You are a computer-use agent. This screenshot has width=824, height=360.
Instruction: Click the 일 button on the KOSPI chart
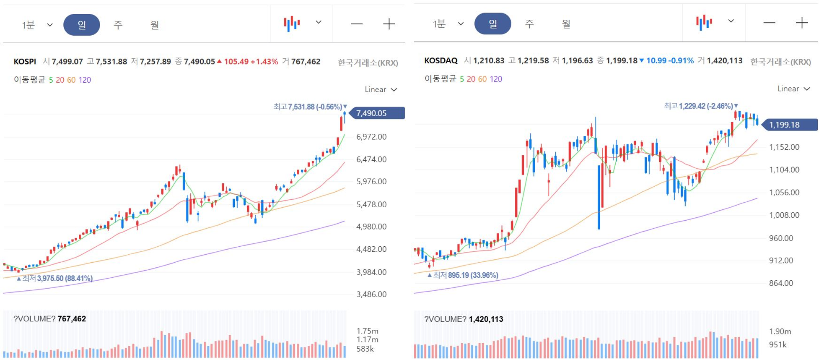pyautogui.click(x=82, y=25)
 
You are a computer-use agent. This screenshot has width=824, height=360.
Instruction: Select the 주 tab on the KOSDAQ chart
pyautogui.click(x=529, y=23)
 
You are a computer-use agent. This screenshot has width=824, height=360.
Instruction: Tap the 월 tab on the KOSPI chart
pyautogui.click(x=155, y=25)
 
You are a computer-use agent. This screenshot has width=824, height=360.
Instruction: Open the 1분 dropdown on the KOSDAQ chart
pyautogui.click(x=448, y=23)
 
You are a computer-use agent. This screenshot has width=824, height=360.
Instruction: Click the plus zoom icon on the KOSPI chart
pyautogui.click(x=389, y=24)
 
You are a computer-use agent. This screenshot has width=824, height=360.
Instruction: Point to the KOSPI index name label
pyautogui.click(x=25, y=62)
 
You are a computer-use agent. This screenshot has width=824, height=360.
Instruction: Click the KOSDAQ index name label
pyautogui.click(x=441, y=60)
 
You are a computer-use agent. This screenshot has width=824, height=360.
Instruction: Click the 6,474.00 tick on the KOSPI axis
pyautogui.click(x=371, y=159)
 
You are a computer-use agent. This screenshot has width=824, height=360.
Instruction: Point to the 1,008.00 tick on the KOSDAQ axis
pyautogui.click(x=784, y=215)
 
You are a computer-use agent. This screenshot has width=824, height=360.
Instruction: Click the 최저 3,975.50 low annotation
pyautogui.click(x=54, y=278)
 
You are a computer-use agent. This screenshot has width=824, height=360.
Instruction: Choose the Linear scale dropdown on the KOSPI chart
pyautogui.click(x=381, y=89)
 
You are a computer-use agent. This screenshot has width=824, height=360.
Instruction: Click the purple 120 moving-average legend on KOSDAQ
pyautogui.click(x=496, y=79)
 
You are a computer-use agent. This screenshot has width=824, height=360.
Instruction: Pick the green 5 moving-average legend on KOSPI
pyautogui.click(x=51, y=80)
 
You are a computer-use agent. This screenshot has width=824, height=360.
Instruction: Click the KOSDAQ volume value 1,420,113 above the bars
pyautogui.click(x=486, y=319)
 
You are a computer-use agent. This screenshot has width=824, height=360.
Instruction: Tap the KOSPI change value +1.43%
pyautogui.click(x=264, y=62)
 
